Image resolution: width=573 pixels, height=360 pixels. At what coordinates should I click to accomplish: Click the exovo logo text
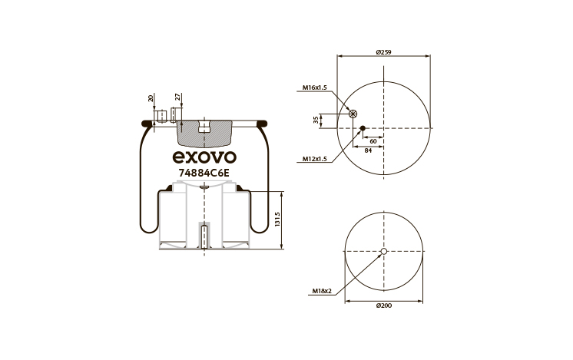[204, 157]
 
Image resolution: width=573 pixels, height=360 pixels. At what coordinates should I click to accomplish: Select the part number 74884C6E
[204, 173]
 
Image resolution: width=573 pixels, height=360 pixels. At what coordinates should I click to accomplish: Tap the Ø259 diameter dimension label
[384, 52]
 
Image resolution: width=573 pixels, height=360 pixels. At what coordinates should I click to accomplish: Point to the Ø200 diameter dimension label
[384, 306]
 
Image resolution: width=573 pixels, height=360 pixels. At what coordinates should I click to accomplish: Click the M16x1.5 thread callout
[314, 88]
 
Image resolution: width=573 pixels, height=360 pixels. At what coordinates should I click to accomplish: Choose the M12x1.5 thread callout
[314, 159]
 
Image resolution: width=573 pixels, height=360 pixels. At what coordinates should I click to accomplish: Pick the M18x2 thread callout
[322, 291]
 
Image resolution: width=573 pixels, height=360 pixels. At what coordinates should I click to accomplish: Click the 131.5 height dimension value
[277, 219]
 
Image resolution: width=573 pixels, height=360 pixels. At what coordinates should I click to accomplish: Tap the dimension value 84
[368, 150]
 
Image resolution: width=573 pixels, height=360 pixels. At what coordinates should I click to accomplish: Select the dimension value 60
[373, 141]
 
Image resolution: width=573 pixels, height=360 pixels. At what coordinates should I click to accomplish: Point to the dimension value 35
[316, 120]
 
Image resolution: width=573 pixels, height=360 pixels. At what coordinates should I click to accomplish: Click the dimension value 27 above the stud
[177, 97]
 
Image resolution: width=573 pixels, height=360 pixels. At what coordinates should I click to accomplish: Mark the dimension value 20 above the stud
[151, 98]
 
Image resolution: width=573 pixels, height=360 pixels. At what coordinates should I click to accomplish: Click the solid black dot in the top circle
[363, 128]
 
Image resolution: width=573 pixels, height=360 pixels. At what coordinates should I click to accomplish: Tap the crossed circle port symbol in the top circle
[353, 114]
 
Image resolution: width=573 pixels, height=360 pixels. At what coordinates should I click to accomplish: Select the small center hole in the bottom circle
[384, 251]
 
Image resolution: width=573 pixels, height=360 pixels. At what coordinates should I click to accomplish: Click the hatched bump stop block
[204, 133]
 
